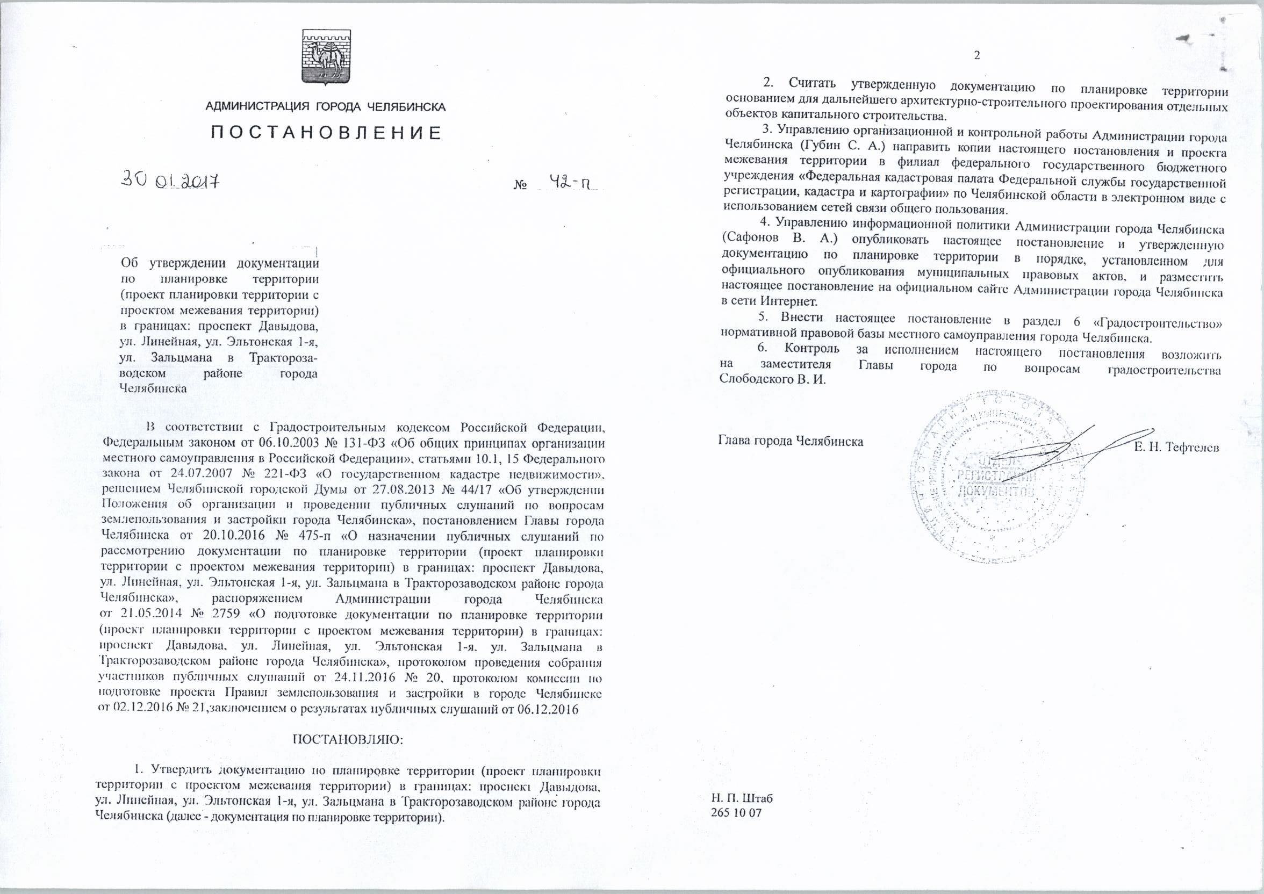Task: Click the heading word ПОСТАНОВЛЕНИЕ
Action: click(x=326, y=133)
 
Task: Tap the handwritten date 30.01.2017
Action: click(x=171, y=181)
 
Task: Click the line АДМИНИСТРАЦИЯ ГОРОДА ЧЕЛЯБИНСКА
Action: click(x=325, y=107)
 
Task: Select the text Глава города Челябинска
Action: click(x=791, y=441)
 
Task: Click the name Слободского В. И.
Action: click(x=772, y=380)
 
